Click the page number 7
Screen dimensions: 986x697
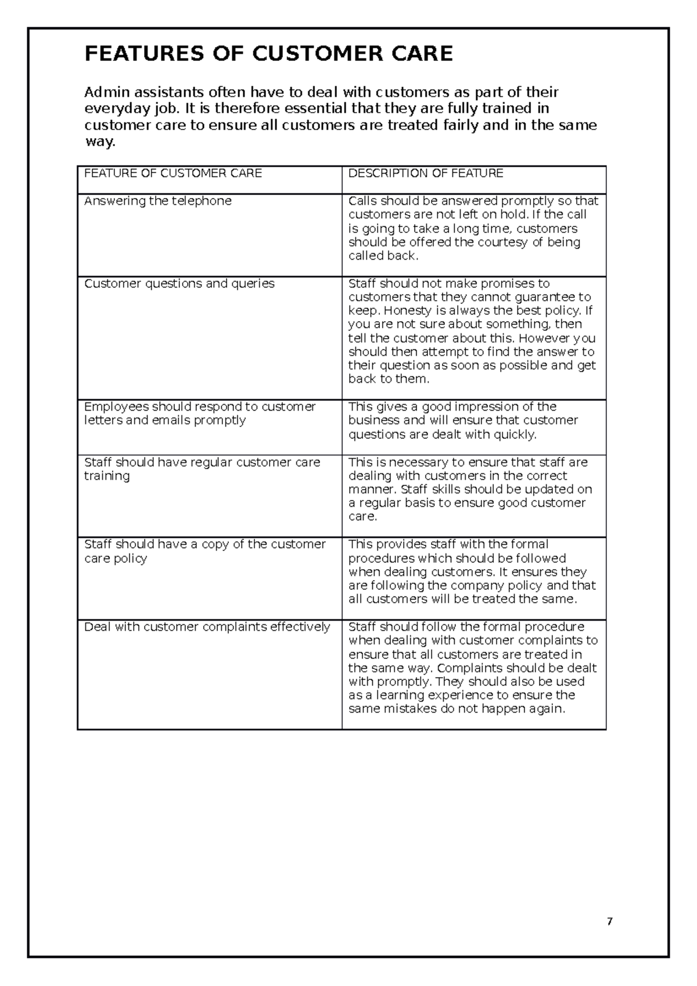click(609, 922)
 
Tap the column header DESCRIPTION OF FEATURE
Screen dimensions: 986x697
click(425, 173)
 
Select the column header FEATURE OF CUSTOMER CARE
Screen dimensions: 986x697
click(173, 173)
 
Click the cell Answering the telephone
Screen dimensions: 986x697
click(157, 201)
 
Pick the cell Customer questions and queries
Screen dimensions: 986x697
click(179, 283)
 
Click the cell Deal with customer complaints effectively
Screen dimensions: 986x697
click(207, 627)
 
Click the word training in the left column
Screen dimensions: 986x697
click(107, 476)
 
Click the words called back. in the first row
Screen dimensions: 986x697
click(383, 256)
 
